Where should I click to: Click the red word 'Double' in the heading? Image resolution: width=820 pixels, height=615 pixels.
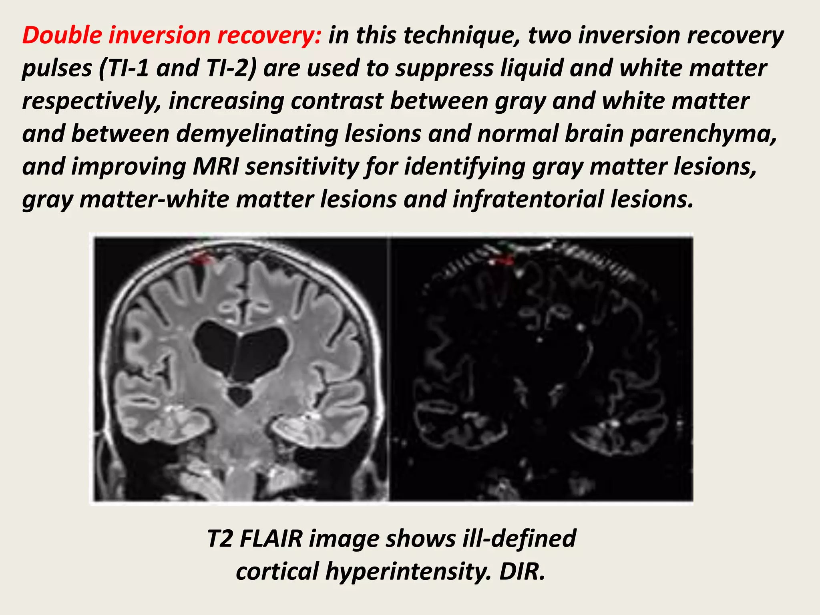(62, 35)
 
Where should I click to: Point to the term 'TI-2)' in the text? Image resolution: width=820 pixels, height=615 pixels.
(231, 68)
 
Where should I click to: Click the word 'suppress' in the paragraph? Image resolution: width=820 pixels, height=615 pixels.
(444, 68)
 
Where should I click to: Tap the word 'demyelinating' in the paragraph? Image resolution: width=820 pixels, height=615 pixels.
(257, 133)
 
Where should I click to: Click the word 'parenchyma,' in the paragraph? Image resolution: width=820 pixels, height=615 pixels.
(703, 133)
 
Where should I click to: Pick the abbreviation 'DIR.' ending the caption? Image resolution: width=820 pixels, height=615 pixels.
(522, 571)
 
